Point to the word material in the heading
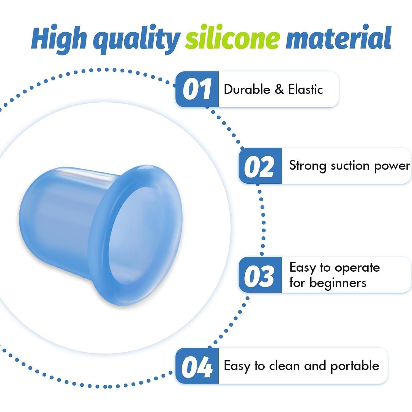click(x=339, y=37)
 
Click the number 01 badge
click(x=197, y=89)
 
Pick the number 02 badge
click(x=260, y=166)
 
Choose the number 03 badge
click(x=260, y=275)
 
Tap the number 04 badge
click(x=197, y=366)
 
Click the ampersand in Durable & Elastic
click(x=279, y=89)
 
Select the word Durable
click(x=247, y=89)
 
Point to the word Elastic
click(x=306, y=89)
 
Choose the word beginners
click(x=338, y=283)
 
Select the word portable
click(x=355, y=366)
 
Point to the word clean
click(x=284, y=366)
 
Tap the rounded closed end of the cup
click(x=30, y=215)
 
